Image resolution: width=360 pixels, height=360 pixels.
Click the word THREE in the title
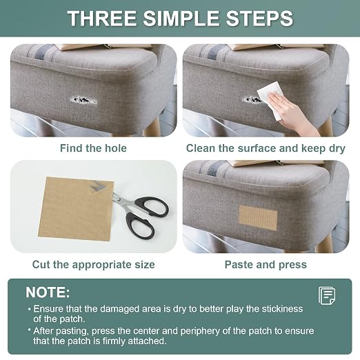tap(102, 19)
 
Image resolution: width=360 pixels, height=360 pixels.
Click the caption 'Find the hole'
tap(93, 148)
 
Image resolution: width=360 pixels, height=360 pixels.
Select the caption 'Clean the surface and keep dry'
tap(266, 148)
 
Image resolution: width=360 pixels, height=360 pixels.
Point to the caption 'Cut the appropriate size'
tap(93, 265)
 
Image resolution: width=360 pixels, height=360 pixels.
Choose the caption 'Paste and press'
tap(266, 265)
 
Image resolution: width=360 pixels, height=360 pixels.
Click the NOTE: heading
tap(48, 292)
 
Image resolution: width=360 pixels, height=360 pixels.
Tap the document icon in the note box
tap(327, 295)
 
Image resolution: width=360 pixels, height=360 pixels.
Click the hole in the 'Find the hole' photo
tap(83, 100)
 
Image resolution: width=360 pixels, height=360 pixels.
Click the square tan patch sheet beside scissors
tap(76, 209)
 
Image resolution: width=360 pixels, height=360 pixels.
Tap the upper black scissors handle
tap(152, 206)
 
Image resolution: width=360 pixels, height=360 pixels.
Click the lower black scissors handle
tap(140, 226)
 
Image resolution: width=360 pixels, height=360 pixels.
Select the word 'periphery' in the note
tap(201, 331)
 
